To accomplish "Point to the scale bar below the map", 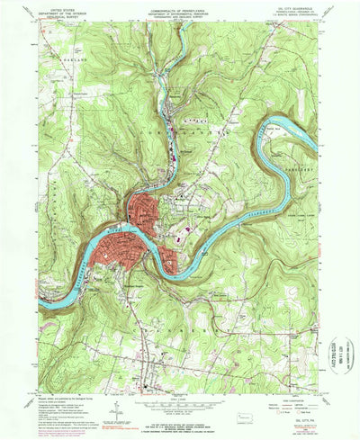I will tap(180, 402).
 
